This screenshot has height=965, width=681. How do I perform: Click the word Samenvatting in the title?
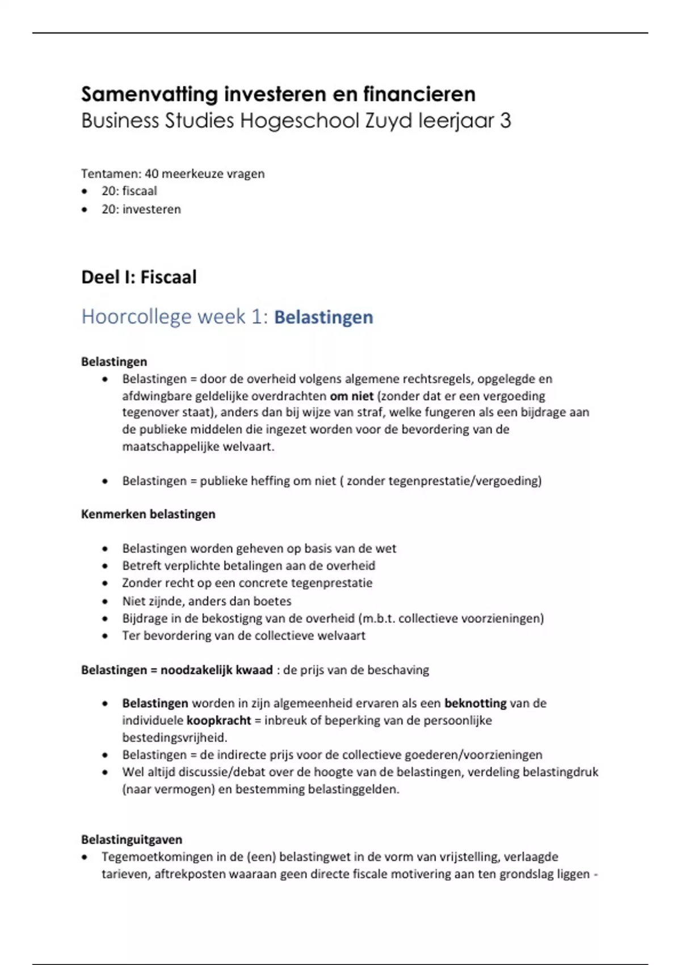[149, 94]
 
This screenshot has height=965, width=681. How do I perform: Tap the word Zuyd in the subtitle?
[388, 121]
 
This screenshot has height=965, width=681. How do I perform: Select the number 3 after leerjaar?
[505, 121]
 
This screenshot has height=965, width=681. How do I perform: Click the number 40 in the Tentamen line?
[152, 174]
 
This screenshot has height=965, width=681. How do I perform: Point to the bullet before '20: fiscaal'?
[85, 191]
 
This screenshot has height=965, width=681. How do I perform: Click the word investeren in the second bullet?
[152, 209]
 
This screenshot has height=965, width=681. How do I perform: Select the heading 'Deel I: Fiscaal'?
[139, 277]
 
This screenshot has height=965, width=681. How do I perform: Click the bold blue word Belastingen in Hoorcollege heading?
[323, 317]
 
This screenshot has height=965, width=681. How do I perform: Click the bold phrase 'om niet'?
[351, 396]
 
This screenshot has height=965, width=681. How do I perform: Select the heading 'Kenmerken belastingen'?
[148, 514]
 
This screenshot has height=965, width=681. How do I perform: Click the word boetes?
[272, 601]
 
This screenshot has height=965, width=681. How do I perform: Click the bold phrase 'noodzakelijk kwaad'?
[216, 670]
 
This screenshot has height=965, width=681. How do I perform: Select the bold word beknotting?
[475, 703]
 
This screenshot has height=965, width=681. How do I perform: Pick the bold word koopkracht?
[218, 720]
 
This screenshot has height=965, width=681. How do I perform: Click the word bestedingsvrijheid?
[174, 738]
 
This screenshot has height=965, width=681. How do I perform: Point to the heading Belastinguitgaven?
[132, 840]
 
